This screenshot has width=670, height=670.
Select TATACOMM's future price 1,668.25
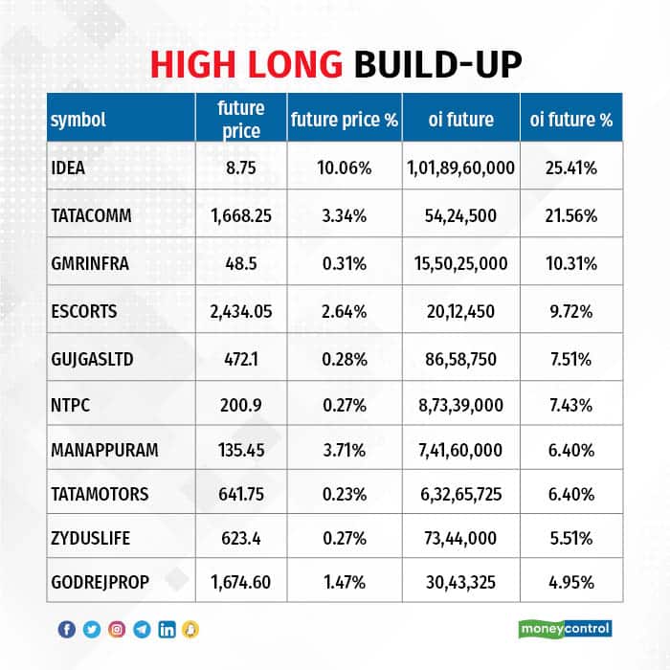click(x=241, y=215)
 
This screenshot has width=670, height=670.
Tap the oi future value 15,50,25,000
click(x=461, y=263)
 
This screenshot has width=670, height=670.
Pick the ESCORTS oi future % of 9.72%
click(x=570, y=311)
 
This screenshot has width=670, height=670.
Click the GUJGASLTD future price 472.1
click(x=241, y=359)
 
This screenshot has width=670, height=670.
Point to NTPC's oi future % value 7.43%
click(x=570, y=406)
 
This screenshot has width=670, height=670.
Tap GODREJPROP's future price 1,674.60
click(x=241, y=580)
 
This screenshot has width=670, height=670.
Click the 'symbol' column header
click(x=78, y=120)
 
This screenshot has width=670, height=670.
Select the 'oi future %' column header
click(x=570, y=120)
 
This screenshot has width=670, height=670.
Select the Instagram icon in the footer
click(x=117, y=629)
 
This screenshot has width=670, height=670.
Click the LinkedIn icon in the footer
click(x=167, y=629)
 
